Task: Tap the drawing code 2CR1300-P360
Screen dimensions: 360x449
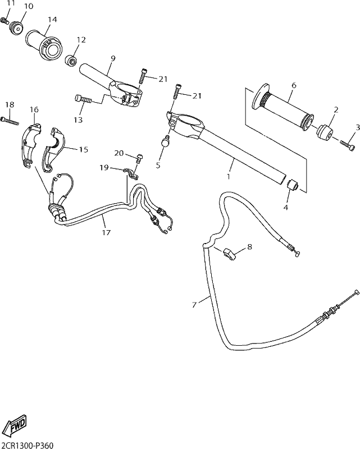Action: click(x=27, y=445)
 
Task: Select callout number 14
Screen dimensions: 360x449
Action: click(x=52, y=20)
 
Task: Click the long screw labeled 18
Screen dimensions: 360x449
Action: click(x=10, y=121)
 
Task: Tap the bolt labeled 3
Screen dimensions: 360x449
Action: click(x=347, y=145)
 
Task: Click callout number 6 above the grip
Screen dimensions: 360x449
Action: click(x=293, y=85)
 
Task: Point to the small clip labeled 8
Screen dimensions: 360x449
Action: click(x=229, y=254)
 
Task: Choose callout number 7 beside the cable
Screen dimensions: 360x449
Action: click(x=195, y=305)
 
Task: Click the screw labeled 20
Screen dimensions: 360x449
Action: click(x=139, y=158)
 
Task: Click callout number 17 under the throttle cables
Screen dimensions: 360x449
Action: click(x=106, y=232)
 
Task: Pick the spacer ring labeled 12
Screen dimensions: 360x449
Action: click(x=71, y=59)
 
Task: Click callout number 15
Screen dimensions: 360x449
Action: click(x=84, y=149)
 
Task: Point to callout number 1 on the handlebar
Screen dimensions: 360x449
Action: click(x=229, y=177)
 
